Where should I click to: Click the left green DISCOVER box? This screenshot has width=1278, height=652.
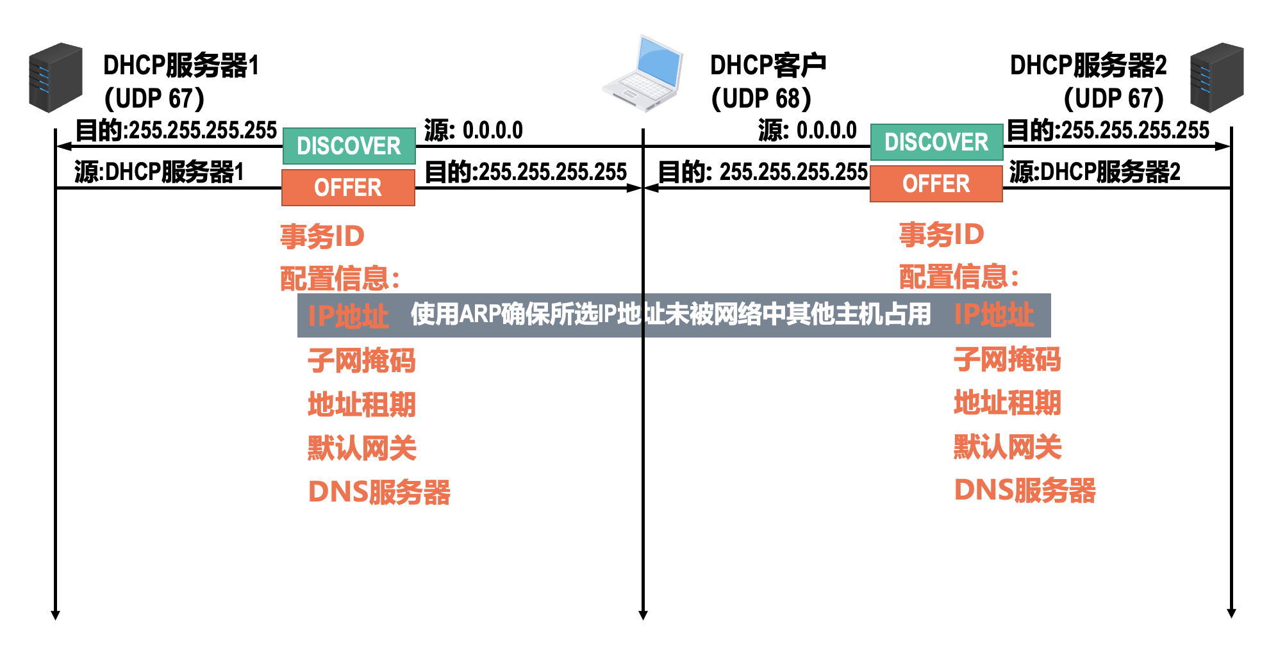tap(349, 146)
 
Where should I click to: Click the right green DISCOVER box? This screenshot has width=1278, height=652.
tap(936, 142)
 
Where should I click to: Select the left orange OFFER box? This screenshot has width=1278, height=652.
tap(348, 188)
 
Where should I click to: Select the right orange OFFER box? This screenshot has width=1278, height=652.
tap(936, 184)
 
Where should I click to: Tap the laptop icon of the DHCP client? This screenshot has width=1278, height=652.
tap(643, 74)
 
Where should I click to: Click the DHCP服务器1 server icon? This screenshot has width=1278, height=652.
tap(56, 77)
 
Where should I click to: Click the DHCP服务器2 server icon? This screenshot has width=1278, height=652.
tap(1216, 77)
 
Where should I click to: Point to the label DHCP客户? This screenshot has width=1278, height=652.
tap(768, 65)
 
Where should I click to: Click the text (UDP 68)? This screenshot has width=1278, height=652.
tap(761, 99)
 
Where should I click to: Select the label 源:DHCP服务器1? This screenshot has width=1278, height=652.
tap(159, 172)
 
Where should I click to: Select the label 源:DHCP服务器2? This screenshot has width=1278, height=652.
tap(1095, 172)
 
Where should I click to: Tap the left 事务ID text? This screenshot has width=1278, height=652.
tap(322, 236)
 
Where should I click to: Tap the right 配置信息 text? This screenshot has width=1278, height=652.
tap(958, 277)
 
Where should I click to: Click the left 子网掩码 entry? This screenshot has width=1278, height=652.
tap(361, 360)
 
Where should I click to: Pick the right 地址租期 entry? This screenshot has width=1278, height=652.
tap(1007, 403)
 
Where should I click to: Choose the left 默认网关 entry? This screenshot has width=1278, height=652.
tap(361, 448)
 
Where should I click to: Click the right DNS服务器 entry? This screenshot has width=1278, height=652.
tap(1024, 491)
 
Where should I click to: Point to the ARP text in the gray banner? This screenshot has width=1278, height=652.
tap(479, 314)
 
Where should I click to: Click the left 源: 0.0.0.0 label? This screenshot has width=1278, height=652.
tap(473, 131)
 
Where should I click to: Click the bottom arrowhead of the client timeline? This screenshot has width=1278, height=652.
tap(643, 615)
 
